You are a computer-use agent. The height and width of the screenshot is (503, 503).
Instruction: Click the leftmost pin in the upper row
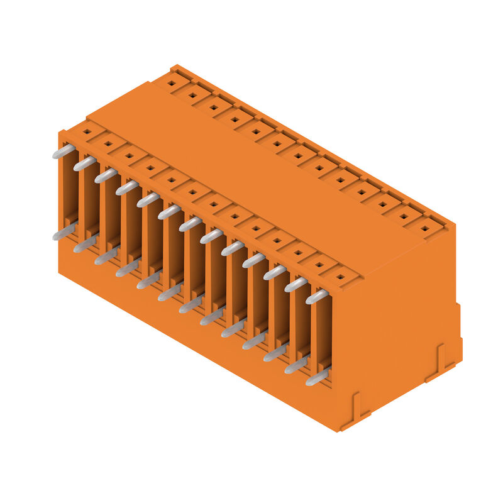pos(64,152)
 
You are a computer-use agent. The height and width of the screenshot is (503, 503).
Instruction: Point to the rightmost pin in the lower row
pos(317,377)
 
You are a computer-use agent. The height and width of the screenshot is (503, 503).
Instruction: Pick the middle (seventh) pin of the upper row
pos(190,224)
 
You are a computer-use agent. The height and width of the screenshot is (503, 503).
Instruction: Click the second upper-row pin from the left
pos(85,163)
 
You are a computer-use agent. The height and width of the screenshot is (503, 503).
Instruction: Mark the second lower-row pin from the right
pos(296,365)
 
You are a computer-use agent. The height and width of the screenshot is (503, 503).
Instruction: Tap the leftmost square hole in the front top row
pos(87,132)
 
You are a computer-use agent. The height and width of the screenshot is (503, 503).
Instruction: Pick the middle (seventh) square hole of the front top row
pos(214,204)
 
